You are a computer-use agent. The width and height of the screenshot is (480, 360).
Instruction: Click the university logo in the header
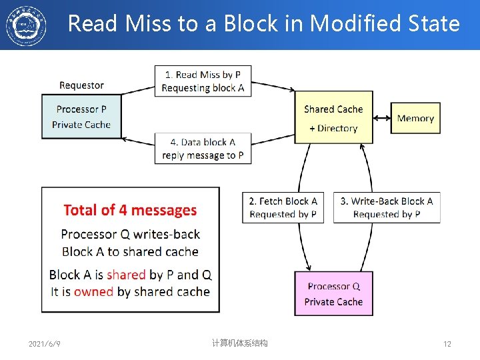[x=26, y=25]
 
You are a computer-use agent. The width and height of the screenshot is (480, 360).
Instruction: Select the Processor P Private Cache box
[x=81, y=117]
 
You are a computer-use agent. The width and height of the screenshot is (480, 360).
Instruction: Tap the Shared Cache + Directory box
[x=333, y=118]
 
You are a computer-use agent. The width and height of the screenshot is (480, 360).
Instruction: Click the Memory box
[x=415, y=118]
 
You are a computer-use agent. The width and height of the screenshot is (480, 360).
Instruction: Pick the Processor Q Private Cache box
[x=333, y=293]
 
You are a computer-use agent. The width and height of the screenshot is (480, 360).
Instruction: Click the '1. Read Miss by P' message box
[x=203, y=81]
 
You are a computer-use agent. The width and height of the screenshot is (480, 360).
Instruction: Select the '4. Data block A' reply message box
[x=203, y=148]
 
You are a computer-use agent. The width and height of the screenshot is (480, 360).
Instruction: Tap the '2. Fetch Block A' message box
[x=283, y=207]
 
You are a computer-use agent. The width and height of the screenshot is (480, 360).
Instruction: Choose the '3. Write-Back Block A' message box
[x=387, y=207]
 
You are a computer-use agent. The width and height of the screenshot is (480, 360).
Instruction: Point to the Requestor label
[x=81, y=85]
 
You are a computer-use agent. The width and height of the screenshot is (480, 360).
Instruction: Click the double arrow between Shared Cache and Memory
[x=381, y=118]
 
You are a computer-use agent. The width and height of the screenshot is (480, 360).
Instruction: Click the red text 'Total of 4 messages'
[x=130, y=210]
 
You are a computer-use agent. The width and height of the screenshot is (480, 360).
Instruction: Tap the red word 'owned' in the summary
[x=93, y=291]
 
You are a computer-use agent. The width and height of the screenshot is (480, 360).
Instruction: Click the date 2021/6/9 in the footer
[x=45, y=344]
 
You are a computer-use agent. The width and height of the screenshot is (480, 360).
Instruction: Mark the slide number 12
[x=447, y=344]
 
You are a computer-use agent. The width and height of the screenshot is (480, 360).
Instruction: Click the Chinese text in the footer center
[x=239, y=343]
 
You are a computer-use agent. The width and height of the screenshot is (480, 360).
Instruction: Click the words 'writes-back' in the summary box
[x=167, y=234]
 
